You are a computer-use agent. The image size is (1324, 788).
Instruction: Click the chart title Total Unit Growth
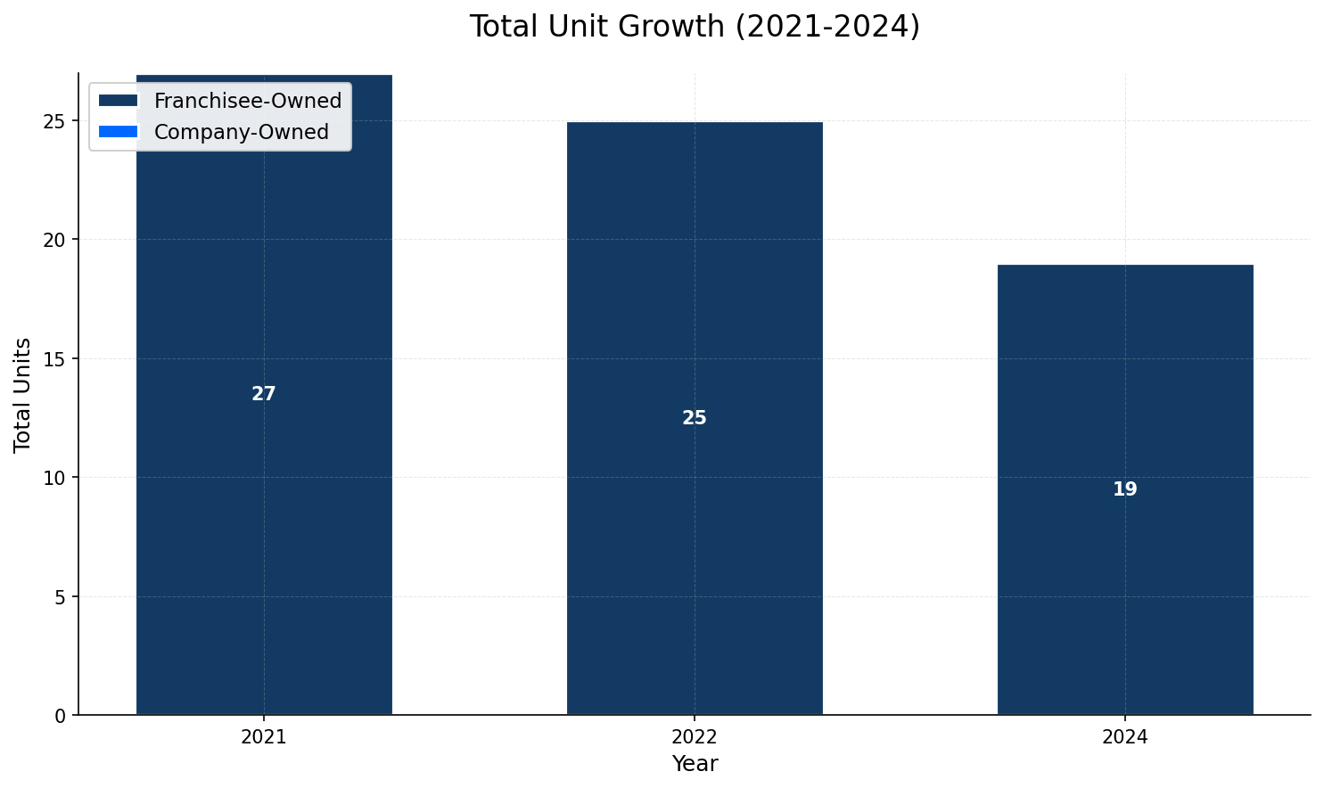coord(695,27)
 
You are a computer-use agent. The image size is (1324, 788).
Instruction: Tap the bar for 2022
coord(695,535)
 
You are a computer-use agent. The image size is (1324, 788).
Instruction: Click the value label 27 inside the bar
coord(264,394)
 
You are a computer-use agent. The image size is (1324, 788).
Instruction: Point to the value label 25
coord(695,418)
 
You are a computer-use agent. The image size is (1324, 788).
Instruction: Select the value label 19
coord(1125,489)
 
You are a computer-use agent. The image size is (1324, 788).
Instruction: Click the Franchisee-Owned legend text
coord(248,101)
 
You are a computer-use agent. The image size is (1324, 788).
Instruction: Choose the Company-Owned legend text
coord(242,132)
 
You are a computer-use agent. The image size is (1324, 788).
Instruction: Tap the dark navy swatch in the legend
coord(119,101)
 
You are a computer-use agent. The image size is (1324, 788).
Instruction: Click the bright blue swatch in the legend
coord(119,132)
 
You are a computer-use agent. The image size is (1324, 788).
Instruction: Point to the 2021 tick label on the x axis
coord(264,738)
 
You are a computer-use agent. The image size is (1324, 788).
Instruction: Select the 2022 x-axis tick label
coord(695,738)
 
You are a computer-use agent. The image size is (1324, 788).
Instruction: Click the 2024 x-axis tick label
coord(1125,738)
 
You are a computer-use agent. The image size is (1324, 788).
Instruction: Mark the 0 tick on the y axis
coord(61,716)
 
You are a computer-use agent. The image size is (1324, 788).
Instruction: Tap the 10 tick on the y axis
coord(55,478)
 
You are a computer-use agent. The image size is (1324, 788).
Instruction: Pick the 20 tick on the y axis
coord(55,240)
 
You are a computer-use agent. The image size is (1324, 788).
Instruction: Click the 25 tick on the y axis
coord(55,121)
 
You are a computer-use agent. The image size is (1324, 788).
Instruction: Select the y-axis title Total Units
coord(23,394)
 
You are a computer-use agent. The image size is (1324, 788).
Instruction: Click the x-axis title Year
coord(695,764)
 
